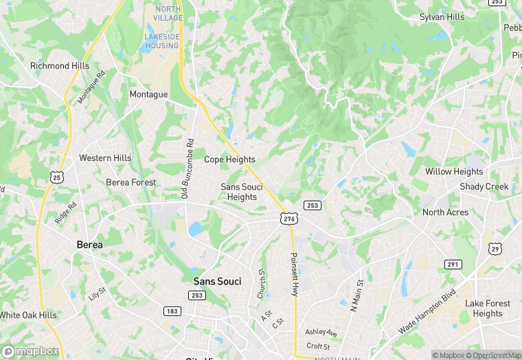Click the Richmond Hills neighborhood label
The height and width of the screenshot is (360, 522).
click(60, 66)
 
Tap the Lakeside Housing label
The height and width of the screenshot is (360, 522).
click(162, 41)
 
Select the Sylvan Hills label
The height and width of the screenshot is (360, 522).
click(442, 16)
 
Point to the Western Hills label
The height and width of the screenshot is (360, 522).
click(105, 158)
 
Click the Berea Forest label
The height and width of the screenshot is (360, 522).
click(130, 183)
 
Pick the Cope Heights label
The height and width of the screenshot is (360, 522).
click(229, 159)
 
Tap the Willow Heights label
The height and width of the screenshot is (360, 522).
click(454, 172)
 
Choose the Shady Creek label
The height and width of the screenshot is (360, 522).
click(484, 187)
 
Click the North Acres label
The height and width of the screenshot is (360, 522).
click(445, 212)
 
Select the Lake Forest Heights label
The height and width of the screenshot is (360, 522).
click(488, 308)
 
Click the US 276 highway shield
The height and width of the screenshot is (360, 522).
click(288, 218)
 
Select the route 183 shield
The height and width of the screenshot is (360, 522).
click(171, 311)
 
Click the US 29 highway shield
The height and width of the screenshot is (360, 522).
click(495, 248)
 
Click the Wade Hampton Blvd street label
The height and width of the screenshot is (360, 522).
click(427, 311)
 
